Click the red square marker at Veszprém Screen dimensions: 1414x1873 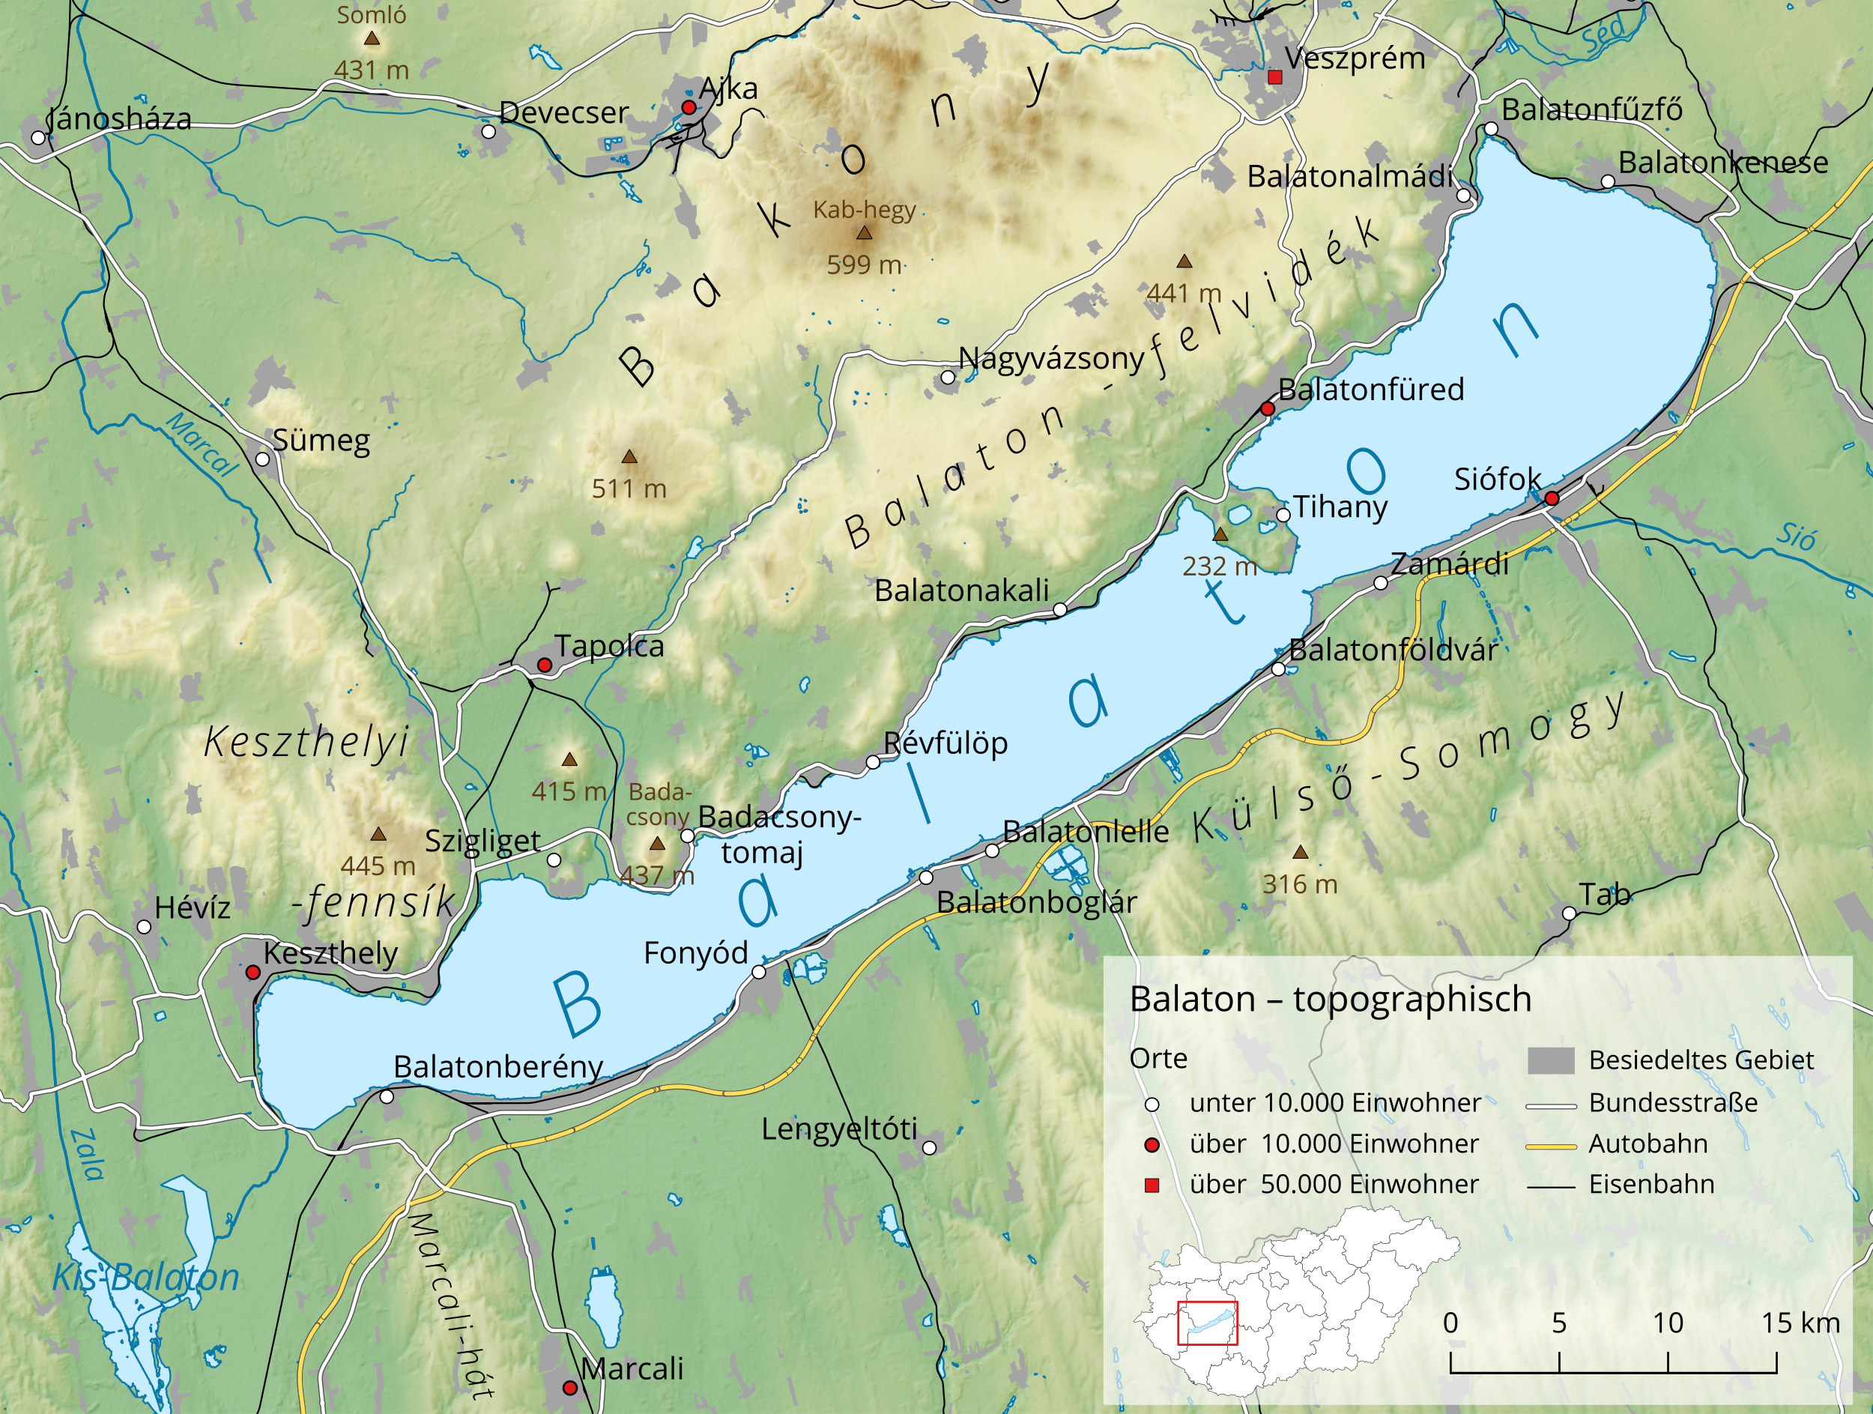click(x=1275, y=78)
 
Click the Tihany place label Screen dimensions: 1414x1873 click(x=1340, y=507)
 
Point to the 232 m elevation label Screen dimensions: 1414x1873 click(x=1219, y=566)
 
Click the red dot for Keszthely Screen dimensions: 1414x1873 click(x=252, y=973)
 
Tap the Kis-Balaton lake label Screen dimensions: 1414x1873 click(x=145, y=1277)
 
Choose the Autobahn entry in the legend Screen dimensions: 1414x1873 click(x=1647, y=1144)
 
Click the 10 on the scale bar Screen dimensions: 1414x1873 click(x=1667, y=1323)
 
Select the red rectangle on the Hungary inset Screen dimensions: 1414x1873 click(x=1207, y=1323)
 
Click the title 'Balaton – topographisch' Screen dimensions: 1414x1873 click(x=1331, y=999)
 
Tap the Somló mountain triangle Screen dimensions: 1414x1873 click(x=371, y=38)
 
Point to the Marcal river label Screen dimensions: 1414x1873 click(x=202, y=444)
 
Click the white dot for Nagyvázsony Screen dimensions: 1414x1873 click(x=948, y=377)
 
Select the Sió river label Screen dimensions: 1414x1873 click(x=1795, y=535)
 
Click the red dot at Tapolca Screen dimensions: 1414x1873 click(x=545, y=665)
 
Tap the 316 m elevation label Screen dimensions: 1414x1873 click(x=1300, y=885)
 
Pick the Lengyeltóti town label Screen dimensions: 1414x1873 click(x=838, y=1129)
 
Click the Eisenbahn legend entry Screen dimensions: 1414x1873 click(x=1651, y=1185)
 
